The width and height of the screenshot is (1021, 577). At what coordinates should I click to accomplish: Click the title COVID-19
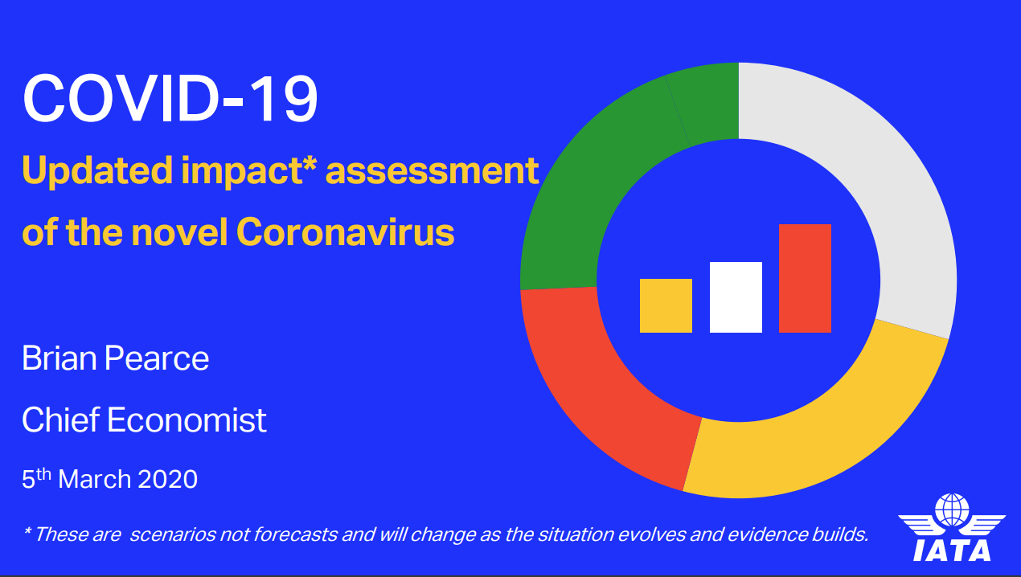pos(170,99)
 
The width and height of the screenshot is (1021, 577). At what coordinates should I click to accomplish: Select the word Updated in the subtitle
pos(97,171)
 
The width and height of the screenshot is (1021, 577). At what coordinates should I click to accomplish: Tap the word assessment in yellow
pos(433,171)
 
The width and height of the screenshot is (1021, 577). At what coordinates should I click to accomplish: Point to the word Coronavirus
pos(346,232)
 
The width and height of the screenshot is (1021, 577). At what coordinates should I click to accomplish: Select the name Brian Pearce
pos(115,358)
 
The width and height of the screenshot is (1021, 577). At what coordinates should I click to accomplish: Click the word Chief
pos(60,419)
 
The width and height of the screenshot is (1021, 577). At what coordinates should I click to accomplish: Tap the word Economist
pos(187,419)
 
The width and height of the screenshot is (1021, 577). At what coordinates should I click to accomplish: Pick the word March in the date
pos(95,480)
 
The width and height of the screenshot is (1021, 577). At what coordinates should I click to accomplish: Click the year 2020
pos(168,480)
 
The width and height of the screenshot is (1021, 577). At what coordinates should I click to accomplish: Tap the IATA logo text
pos(952,550)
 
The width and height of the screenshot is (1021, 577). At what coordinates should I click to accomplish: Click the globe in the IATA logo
pos(952,510)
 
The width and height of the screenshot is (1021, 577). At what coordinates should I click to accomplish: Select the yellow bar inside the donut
pos(666,306)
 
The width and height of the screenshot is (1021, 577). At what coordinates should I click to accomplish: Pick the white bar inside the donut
pos(736,297)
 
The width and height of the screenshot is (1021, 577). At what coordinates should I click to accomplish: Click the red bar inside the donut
pos(805,279)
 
